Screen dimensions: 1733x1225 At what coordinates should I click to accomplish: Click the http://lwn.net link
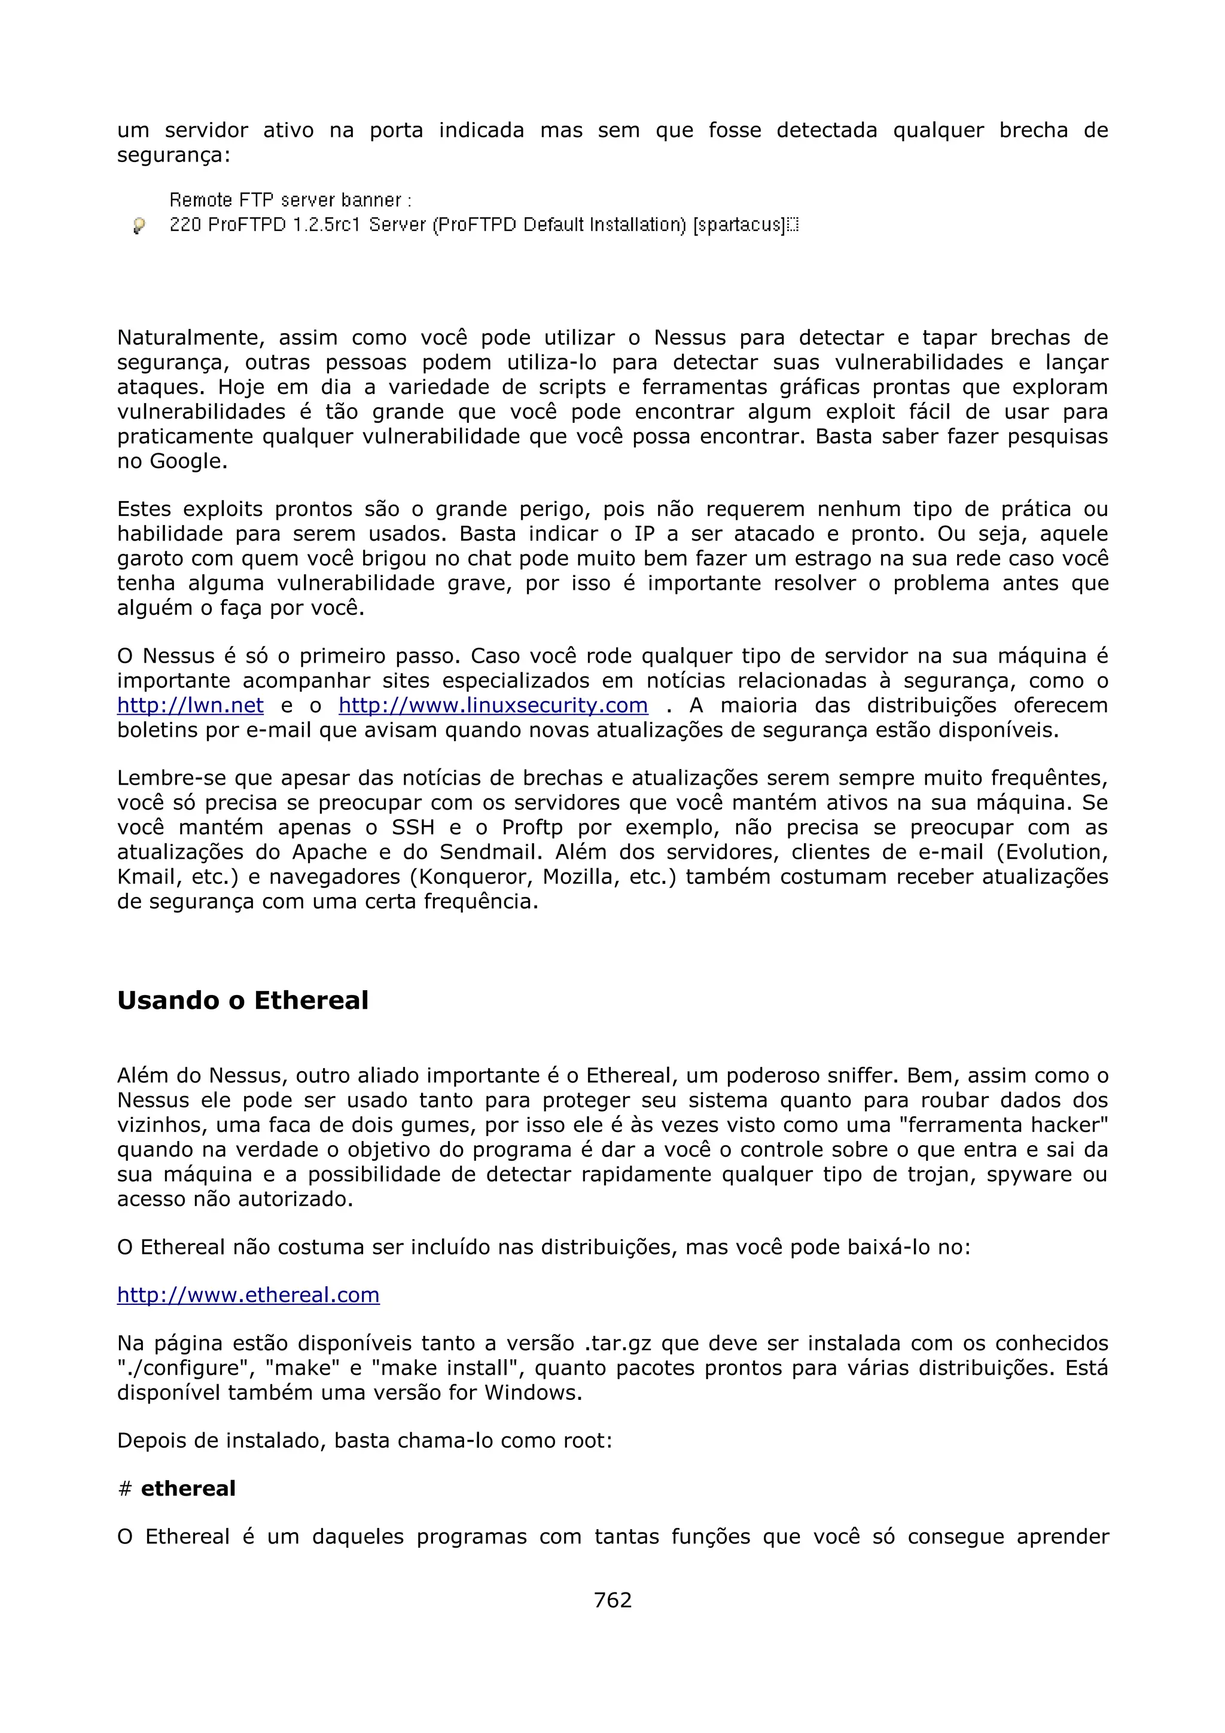[x=190, y=706]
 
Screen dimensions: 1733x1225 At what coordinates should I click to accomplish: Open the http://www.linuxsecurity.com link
[x=493, y=706]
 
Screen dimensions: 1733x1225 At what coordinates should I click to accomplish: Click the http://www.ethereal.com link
[x=248, y=1295]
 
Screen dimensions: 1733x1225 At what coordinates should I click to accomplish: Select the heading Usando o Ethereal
[x=242, y=1000]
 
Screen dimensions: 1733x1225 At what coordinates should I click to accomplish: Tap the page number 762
[x=612, y=1600]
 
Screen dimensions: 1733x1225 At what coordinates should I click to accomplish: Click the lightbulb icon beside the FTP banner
[x=139, y=225]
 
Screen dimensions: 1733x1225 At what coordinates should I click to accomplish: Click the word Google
[x=188, y=461]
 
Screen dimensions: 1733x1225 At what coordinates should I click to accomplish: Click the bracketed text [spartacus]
[x=740, y=225]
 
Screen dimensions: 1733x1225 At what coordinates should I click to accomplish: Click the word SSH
[x=413, y=827]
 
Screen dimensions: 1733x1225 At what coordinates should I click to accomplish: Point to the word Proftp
[x=532, y=827]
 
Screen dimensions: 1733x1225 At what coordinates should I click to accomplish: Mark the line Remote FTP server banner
[x=291, y=200]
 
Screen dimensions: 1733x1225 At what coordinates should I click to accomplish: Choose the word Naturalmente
[x=190, y=337]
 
